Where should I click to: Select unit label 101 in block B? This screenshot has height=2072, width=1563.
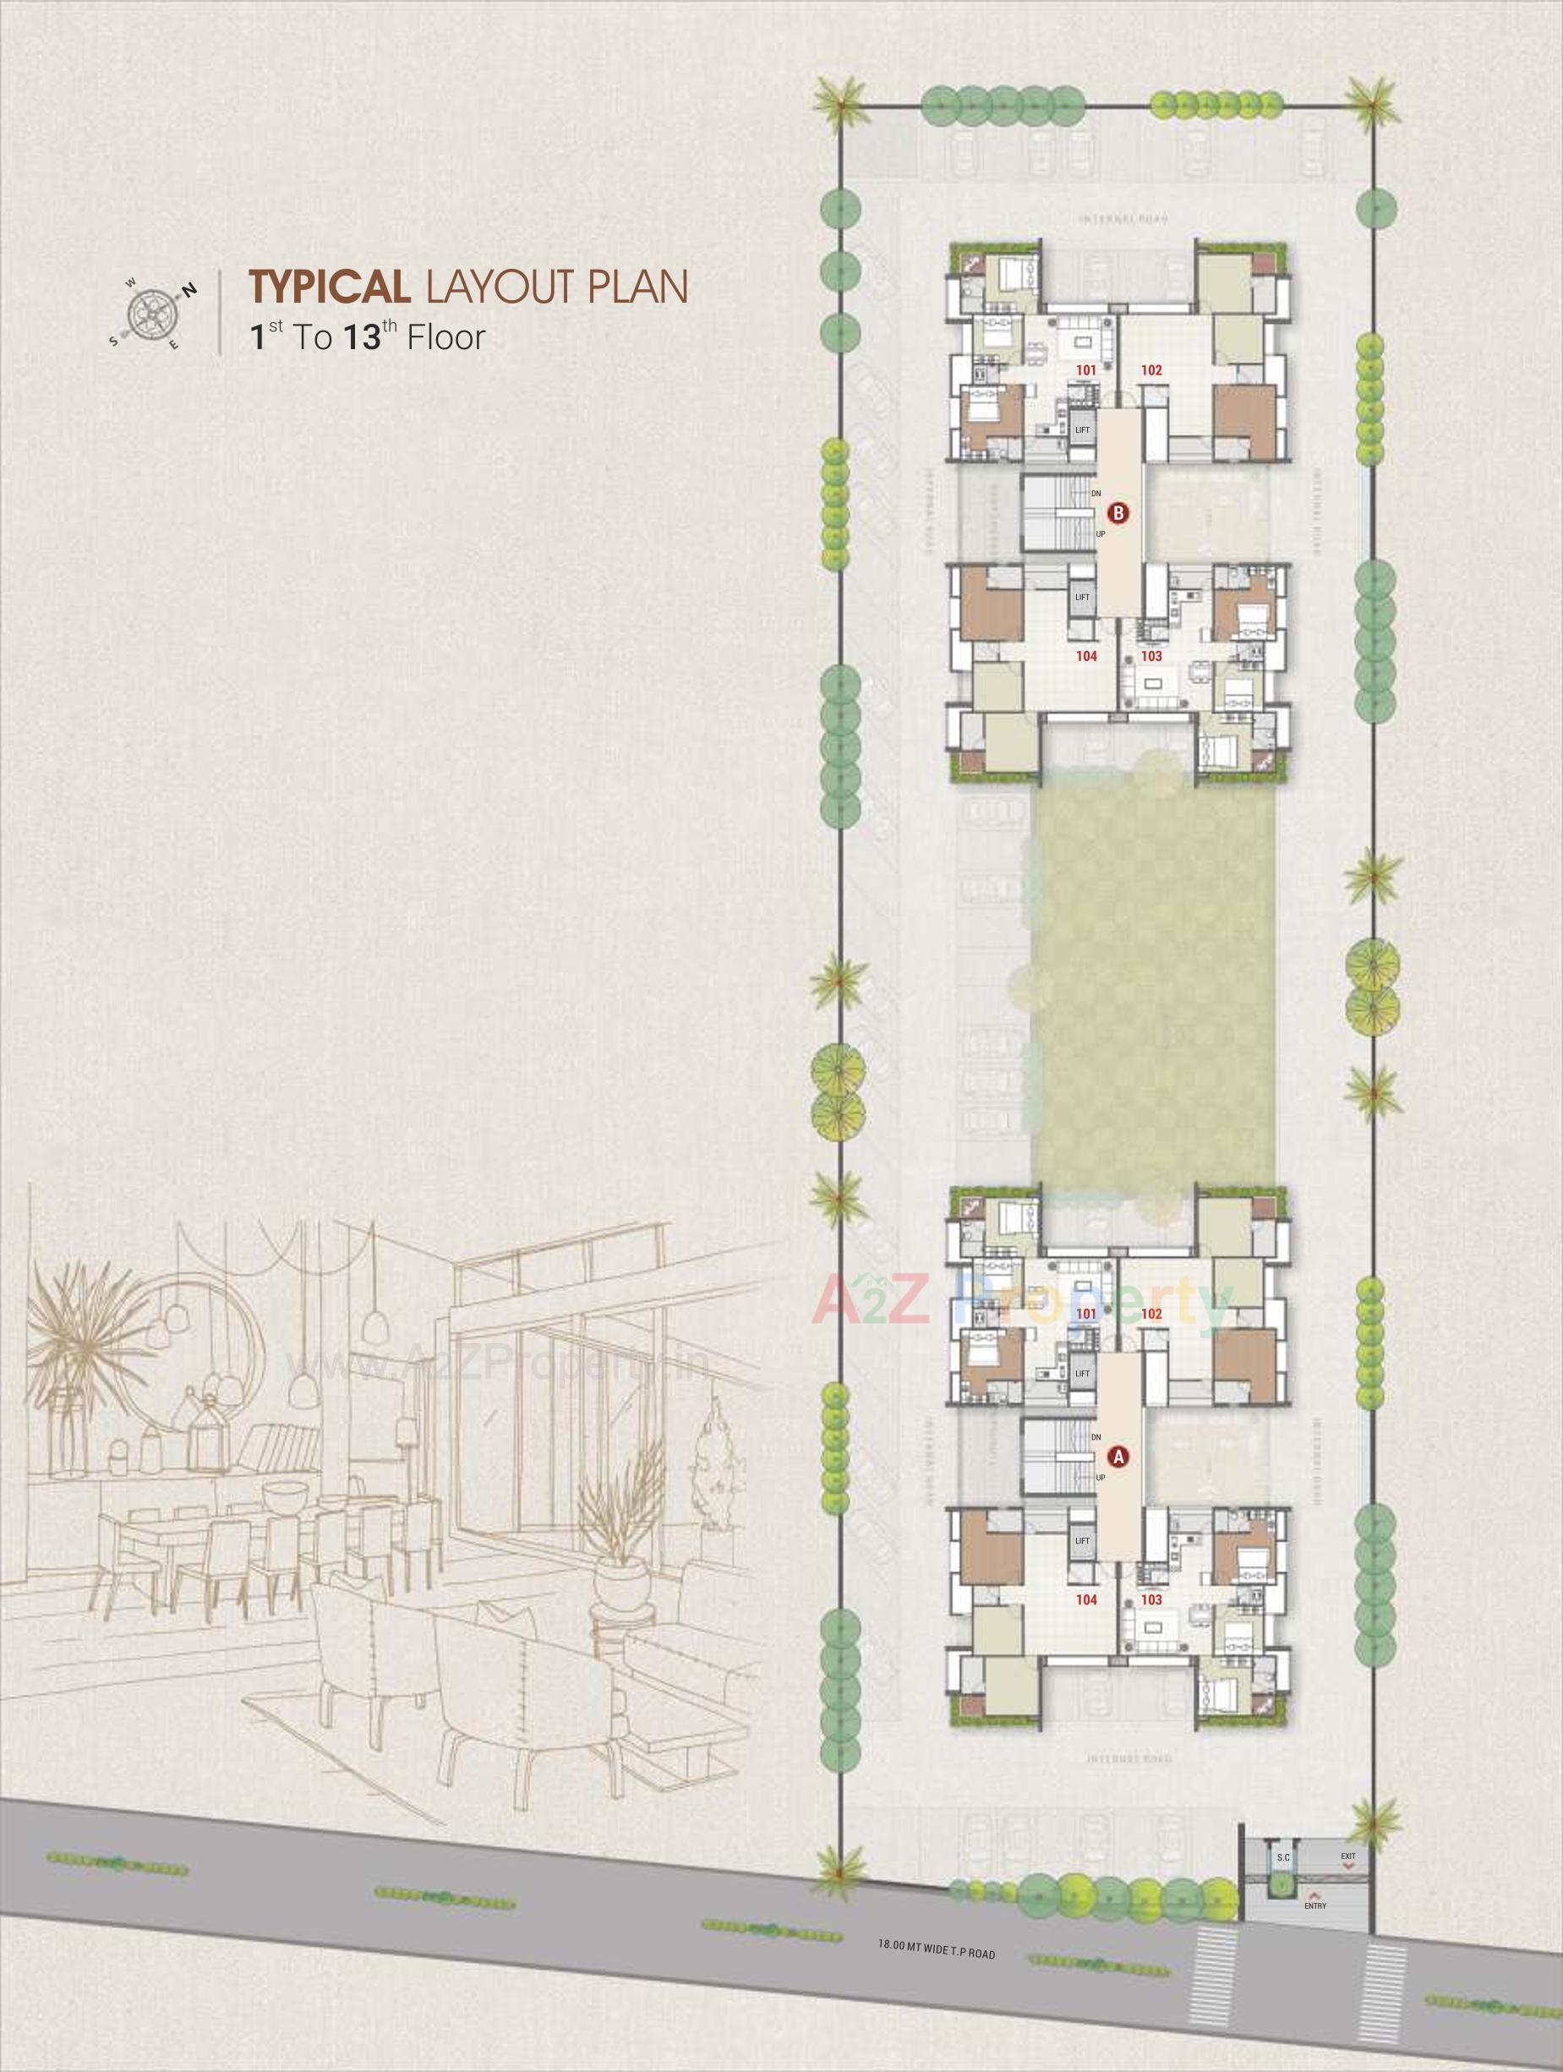pyautogui.click(x=1085, y=370)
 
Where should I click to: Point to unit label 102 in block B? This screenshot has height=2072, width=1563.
pyautogui.click(x=1151, y=370)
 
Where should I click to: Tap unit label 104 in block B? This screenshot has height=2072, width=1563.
pyautogui.click(x=1086, y=657)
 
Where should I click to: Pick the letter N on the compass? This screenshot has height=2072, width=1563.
pyautogui.click(x=189, y=289)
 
